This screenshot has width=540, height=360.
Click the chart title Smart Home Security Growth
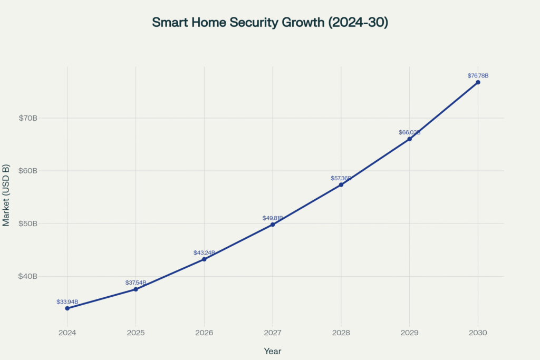[269, 23]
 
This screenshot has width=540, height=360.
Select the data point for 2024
[67, 308]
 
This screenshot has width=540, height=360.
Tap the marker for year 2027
[273, 225]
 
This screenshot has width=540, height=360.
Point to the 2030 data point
[478, 82]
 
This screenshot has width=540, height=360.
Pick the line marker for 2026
[204, 259]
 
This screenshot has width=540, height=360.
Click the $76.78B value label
[478, 76]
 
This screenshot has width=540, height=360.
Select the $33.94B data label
[67, 301]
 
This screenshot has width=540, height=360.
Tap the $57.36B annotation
[341, 178]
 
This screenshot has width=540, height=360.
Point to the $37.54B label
[136, 283]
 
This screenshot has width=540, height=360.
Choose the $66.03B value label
[409, 132]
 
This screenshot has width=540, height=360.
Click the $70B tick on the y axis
[28, 118]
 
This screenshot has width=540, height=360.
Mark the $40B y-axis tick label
[28, 276]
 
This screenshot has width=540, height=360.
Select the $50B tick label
[28, 223]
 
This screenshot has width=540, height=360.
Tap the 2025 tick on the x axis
[136, 333]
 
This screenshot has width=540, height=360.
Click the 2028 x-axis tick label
[341, 333]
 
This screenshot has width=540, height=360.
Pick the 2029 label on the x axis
[409, 333]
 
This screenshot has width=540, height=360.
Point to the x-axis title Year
[273, 351]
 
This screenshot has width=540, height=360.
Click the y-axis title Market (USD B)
[6, 195]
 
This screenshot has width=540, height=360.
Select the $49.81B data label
[273, 218]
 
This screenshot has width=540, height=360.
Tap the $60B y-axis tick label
[28, 171]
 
